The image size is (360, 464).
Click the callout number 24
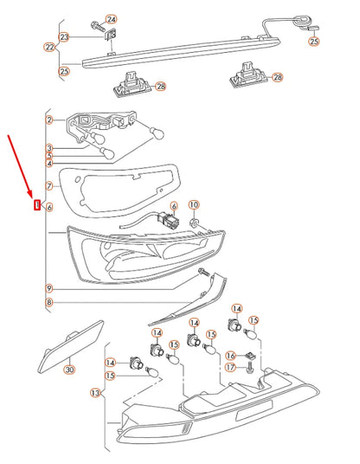(111, 20)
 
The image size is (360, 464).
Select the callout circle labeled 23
(64, 37)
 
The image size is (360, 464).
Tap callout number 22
(49, 47)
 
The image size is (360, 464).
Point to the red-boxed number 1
(37, 204)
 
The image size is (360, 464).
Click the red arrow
(21, 166)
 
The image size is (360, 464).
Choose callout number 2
(49, 119)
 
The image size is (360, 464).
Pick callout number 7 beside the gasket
(49, 186)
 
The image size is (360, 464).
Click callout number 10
(194, 205)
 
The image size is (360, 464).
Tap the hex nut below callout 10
(194, 222)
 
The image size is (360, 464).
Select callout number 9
(49, 288)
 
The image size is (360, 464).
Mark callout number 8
(49, 302)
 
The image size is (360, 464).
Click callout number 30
(69, 370)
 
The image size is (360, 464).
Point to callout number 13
(95, 393)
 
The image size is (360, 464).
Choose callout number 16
(230, 355)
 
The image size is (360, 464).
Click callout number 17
(230, 368)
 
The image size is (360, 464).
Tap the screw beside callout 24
(98, 26)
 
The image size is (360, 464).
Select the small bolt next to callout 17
(249, 367)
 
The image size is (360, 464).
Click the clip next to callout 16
(249, 355)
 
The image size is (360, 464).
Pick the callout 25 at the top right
(314, 41)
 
